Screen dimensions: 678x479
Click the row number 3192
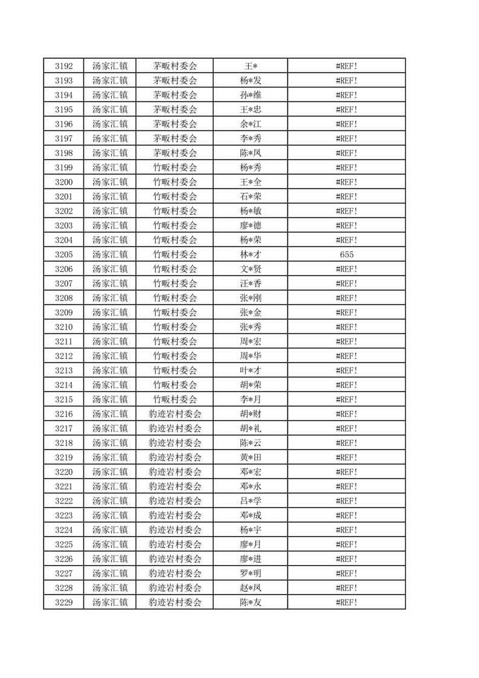click(x=63, y=66)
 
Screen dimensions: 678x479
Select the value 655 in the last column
click(x=346, y=254)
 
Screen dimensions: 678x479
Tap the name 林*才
click(x=250, y=254)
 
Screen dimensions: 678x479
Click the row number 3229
click(x=63, y=602)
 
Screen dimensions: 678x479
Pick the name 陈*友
click(x=250, y=602)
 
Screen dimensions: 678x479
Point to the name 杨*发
click(x=250, y=80)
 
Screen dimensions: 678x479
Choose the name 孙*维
click(x=250, y=95)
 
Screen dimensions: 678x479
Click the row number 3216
click(x=63, y=414)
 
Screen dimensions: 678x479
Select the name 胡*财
click(x=250, y=414)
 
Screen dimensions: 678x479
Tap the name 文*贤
click(x=250, y=269)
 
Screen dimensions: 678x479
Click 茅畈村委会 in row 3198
click(x=175, y=153)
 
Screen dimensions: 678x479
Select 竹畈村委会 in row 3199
click(x=175, y=167)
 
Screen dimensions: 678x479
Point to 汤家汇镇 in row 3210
click(x=109, y=327)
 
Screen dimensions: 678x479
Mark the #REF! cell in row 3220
click(x=346, y=472)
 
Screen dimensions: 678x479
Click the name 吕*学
click(x=250, y=501)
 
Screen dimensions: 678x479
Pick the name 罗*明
click(x=250, y=573)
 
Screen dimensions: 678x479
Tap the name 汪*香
click(x=250, y=283)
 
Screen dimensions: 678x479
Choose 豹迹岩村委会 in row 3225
click(x=175, y=544)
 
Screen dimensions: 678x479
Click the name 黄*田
click(x=250, y=457)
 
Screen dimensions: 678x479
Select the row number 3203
click(x=63, y=225)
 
